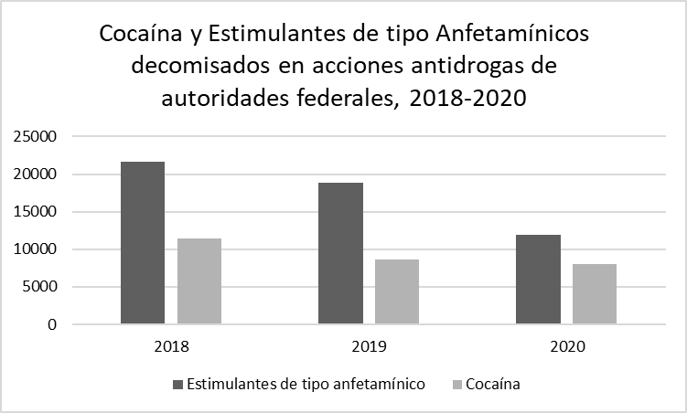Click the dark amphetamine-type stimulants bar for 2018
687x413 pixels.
[143, 243]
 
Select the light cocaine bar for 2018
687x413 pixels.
[199, 281]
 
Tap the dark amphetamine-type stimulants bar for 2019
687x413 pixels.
[340, 253]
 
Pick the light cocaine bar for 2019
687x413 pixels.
[397, 291]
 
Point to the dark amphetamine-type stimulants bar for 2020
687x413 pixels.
[538, 280]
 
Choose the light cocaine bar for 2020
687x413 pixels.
[595, 294]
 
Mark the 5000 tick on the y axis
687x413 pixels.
[40, 287]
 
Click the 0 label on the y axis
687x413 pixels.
[53, 324]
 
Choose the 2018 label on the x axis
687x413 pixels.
[171, 347]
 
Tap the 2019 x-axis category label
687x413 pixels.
[369, 347]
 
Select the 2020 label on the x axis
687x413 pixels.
[566, 347]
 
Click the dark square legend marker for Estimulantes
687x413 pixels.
[177, 385]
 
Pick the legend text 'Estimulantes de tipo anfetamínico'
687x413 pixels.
[306, 385]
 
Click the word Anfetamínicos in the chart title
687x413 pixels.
[515, 37]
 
